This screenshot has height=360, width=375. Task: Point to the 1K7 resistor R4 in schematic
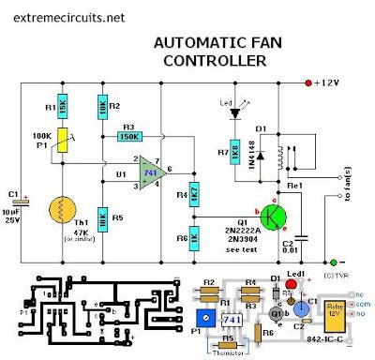click(x=192, y=195)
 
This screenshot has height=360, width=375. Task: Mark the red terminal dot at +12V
click(x=308, y=83)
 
